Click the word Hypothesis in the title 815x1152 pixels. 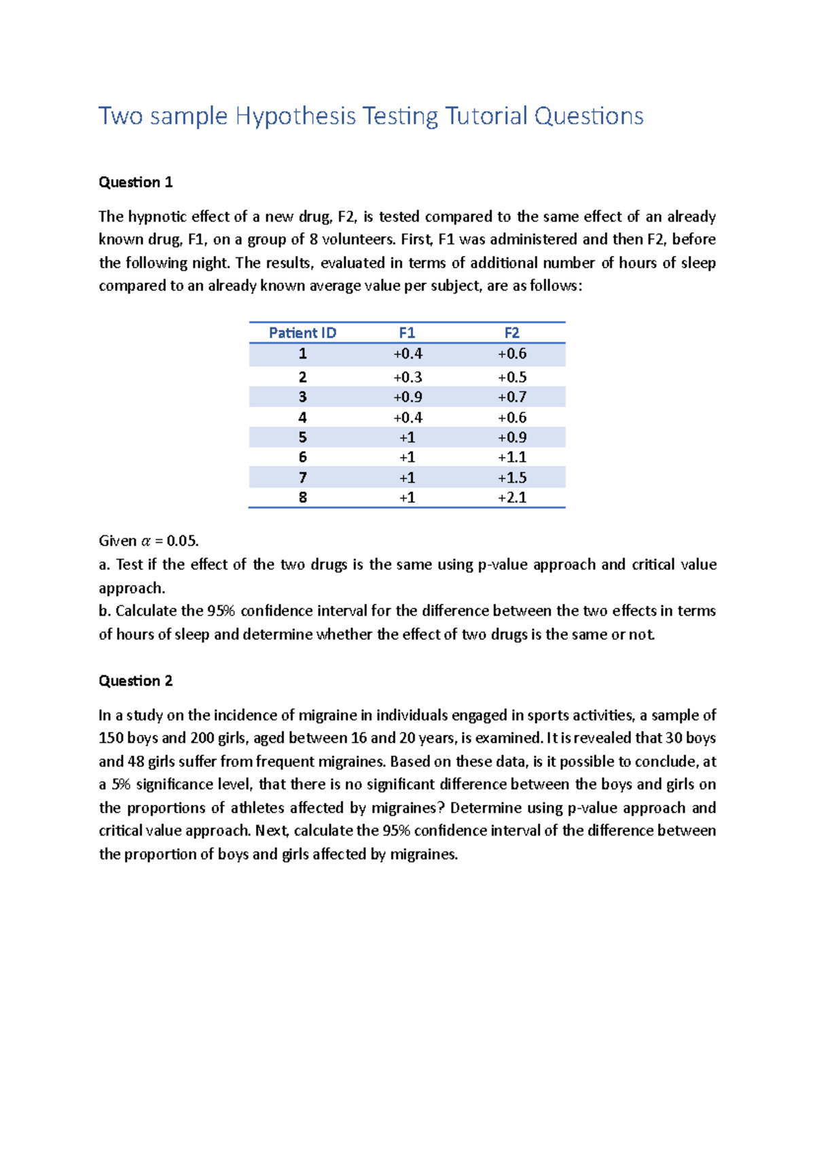295,116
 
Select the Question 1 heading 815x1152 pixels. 135,182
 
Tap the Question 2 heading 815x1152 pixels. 135,681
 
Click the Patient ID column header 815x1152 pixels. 302,333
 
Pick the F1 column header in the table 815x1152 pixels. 407,333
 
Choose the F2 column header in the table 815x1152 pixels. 511,333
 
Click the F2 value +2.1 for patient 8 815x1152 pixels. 511,497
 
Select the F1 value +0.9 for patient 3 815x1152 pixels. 407,397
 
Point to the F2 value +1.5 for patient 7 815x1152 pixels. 511,478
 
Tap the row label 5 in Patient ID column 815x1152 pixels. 302,437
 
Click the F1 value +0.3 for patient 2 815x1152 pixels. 407,377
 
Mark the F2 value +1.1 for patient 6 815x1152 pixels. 511,457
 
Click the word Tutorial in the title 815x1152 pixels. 486,116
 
